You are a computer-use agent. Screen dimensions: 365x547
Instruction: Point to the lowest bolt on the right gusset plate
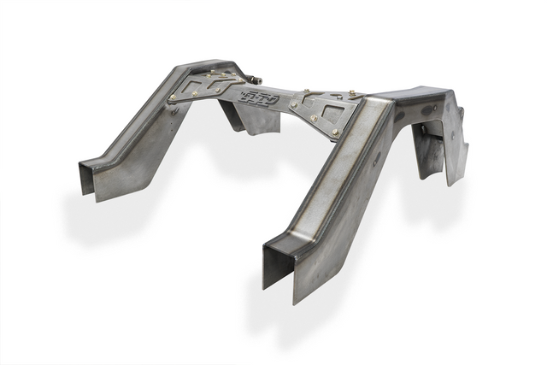(334, 132)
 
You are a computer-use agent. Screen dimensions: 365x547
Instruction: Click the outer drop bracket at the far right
(456, 154)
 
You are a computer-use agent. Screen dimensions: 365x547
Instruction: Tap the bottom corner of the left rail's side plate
(101, 199)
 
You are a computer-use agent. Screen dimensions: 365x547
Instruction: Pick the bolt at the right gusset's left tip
(293, 105)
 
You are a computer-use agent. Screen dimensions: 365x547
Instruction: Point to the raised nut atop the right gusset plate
(350, 92)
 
